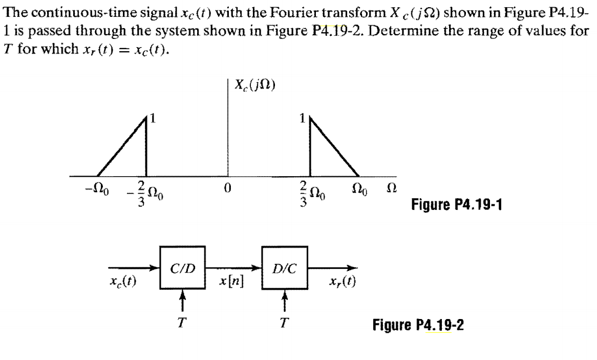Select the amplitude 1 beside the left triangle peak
152,119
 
